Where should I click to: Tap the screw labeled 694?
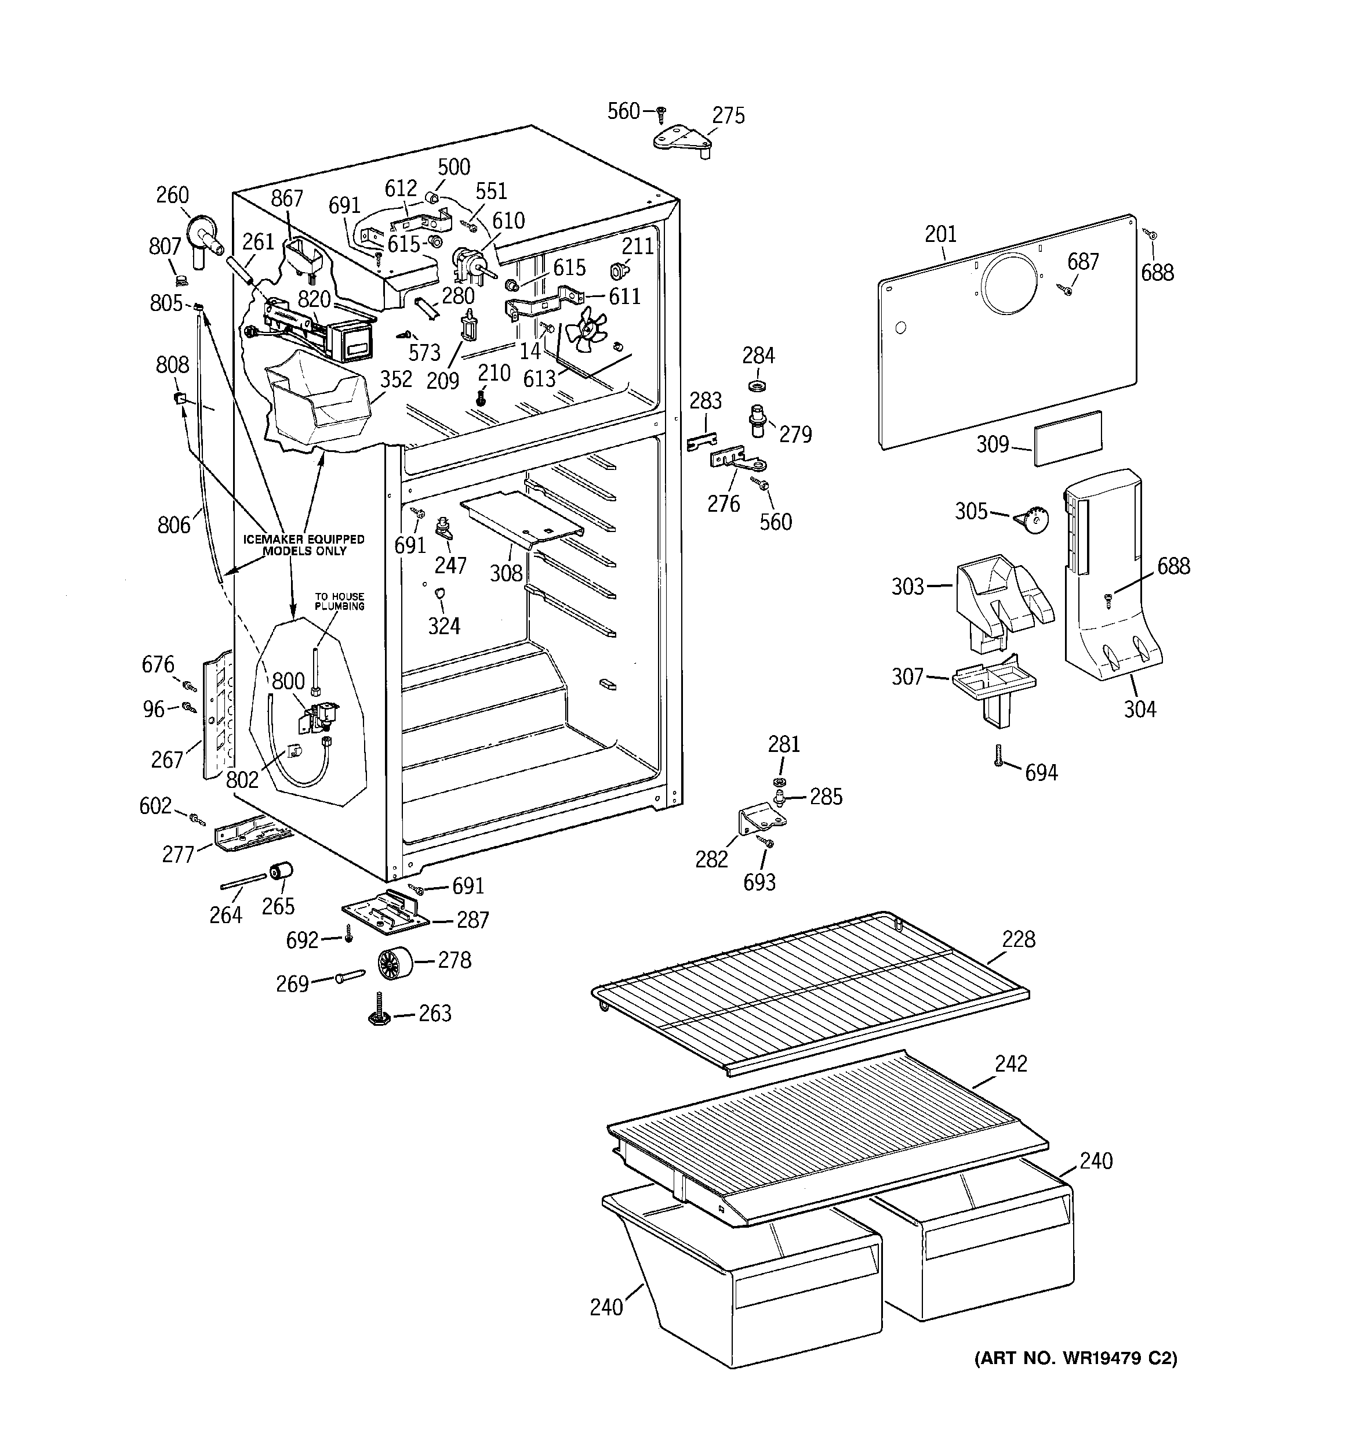point(999,756)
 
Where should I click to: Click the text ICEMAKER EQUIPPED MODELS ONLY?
point(303,545)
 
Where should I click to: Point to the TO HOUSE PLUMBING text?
point(339,601)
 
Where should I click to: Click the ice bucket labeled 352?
point(318,404)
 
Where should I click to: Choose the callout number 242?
point(1010,1064)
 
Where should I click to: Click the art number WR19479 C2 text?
point(1076,1358)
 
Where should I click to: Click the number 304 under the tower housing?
point(1140,710)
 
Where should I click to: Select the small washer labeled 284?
point(758,380)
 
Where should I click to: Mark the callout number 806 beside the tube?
point(174,525)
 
